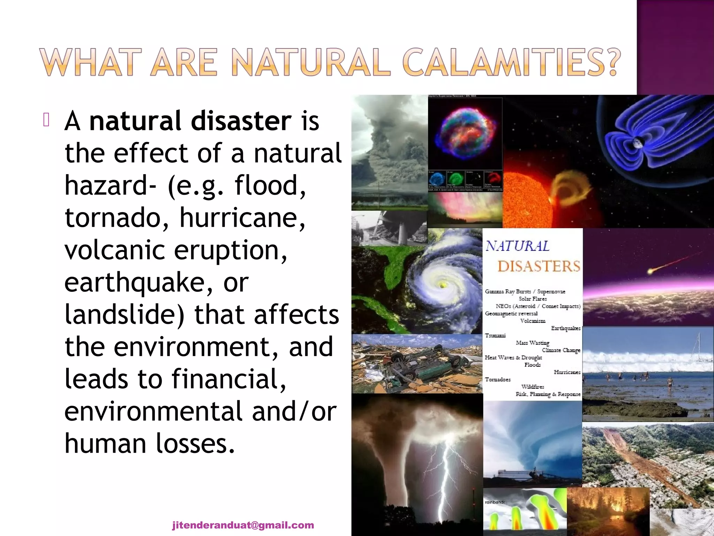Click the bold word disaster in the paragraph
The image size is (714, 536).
point(241,121)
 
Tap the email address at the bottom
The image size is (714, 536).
point(243,525)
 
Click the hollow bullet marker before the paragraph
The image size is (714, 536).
point(46,120)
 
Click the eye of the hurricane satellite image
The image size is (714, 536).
point(442,285)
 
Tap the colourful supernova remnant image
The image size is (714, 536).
point(465,133)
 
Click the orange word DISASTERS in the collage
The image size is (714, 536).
point(539,266)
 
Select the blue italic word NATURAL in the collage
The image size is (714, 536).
point(517,246)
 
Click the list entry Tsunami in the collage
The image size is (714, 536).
point(495,335)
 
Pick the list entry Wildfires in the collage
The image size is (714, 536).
point(532,387)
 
